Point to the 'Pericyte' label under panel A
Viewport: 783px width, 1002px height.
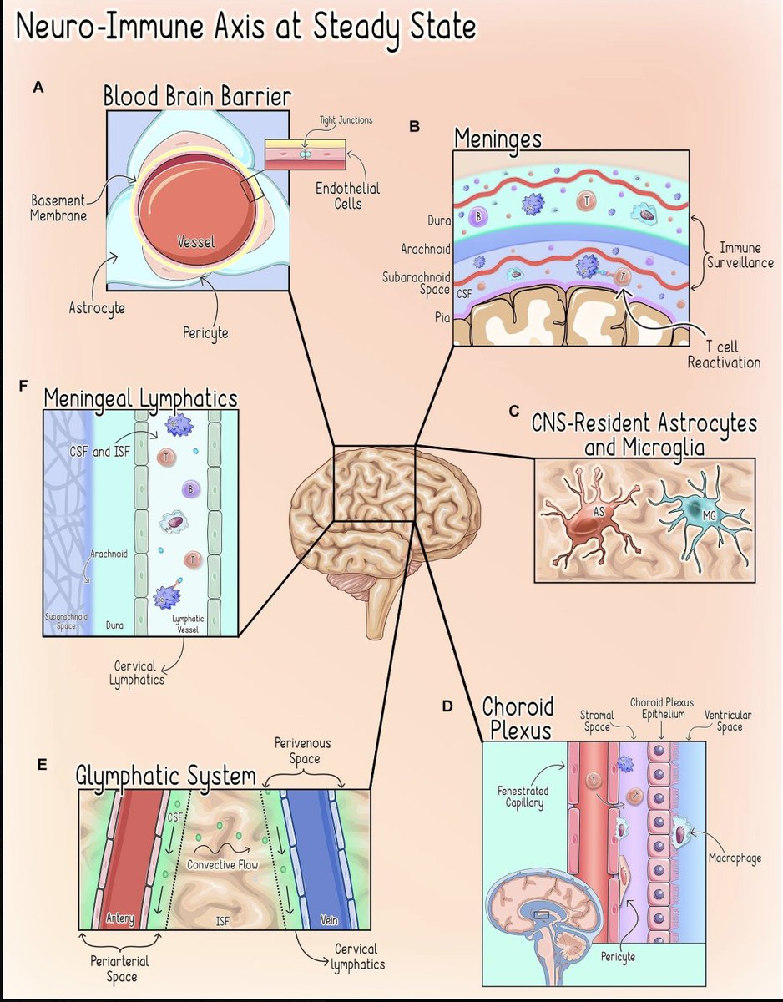[x=205, y=331]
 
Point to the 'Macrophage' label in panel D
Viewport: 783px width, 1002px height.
[x=735, y=858]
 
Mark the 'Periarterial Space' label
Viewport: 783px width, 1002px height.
[x=116, y=969]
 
